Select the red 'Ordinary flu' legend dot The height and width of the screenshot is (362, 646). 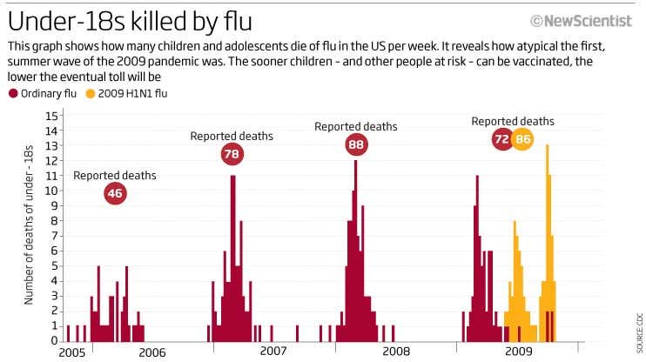click(x=13, y=93)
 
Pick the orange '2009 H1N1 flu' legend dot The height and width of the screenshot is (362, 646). click(x=91, y=93)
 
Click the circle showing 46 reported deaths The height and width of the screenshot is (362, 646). click(x=114, y=193)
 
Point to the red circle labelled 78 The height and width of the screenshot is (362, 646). click(x=232, y=155)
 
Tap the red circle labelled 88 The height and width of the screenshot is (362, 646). click(x=355, y=145)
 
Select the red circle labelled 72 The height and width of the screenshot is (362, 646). click(x=502, y=138)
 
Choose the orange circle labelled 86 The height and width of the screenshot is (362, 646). click(x=522, y=138)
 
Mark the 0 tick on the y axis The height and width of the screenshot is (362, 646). click(x=54, y=340)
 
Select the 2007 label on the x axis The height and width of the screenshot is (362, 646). click(x=273, y=352)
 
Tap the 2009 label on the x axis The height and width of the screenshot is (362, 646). click(x=519, y=352)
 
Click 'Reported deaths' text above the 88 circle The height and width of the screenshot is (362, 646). click(x=355, y=126)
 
